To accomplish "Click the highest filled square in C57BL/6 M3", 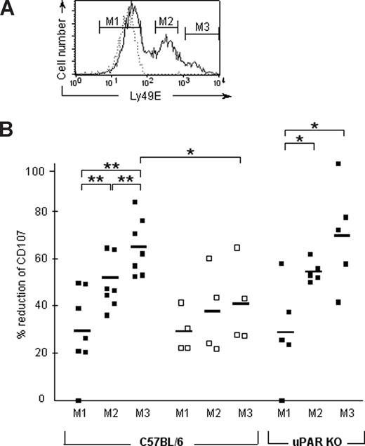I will (x=135, y=203).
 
